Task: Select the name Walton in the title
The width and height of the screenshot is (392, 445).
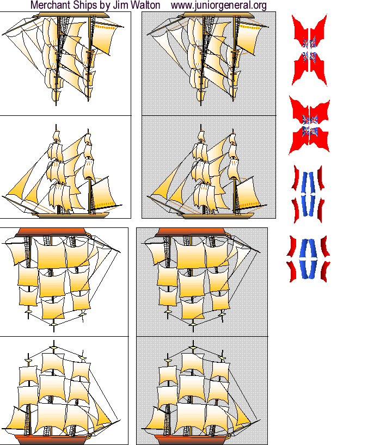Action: tap(143, 5)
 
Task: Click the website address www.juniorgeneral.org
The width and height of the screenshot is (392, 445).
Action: tap(218, 5)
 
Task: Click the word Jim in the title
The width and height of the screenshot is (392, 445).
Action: tap(120, 5)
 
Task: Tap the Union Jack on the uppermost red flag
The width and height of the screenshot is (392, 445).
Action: tap(309, 49)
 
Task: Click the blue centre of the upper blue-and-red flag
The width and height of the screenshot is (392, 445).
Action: tap(308, 194)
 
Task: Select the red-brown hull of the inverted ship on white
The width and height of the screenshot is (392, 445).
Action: tap(52, 232)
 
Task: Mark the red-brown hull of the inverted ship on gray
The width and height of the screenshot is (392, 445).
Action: tap(191, 232)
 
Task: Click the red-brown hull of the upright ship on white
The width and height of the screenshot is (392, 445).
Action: tap(54, 438)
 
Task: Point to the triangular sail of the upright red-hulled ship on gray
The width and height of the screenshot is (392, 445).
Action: tap(242, 416)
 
